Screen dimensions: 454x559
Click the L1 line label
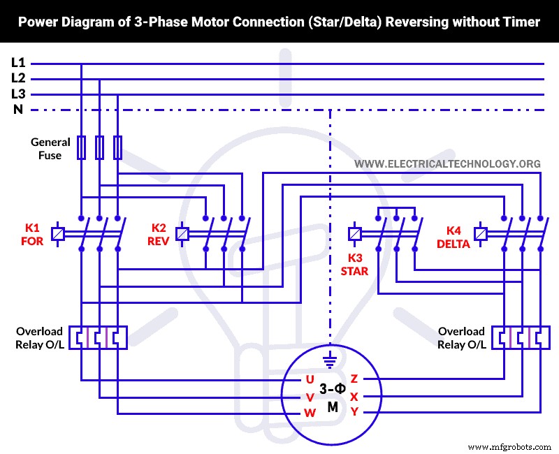click(17, 62)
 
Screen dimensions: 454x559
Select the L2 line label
click(17, 78)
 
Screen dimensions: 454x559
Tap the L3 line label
click(17, 94)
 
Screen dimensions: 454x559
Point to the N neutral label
click(17, 109)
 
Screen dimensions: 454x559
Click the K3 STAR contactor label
click(354, 264)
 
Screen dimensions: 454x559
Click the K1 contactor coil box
click(59, 234)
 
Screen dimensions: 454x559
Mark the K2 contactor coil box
click(183, 234)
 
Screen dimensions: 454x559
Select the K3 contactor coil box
click(355, 234)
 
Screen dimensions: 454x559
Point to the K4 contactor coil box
click(481, 234)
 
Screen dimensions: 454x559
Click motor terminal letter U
click(310, 379)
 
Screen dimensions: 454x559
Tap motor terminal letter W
click(310, 413)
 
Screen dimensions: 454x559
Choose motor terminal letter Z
click(354, 379)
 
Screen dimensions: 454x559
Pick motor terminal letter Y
click(354, 412)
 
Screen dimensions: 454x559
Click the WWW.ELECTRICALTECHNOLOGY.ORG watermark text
click(447, 164)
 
